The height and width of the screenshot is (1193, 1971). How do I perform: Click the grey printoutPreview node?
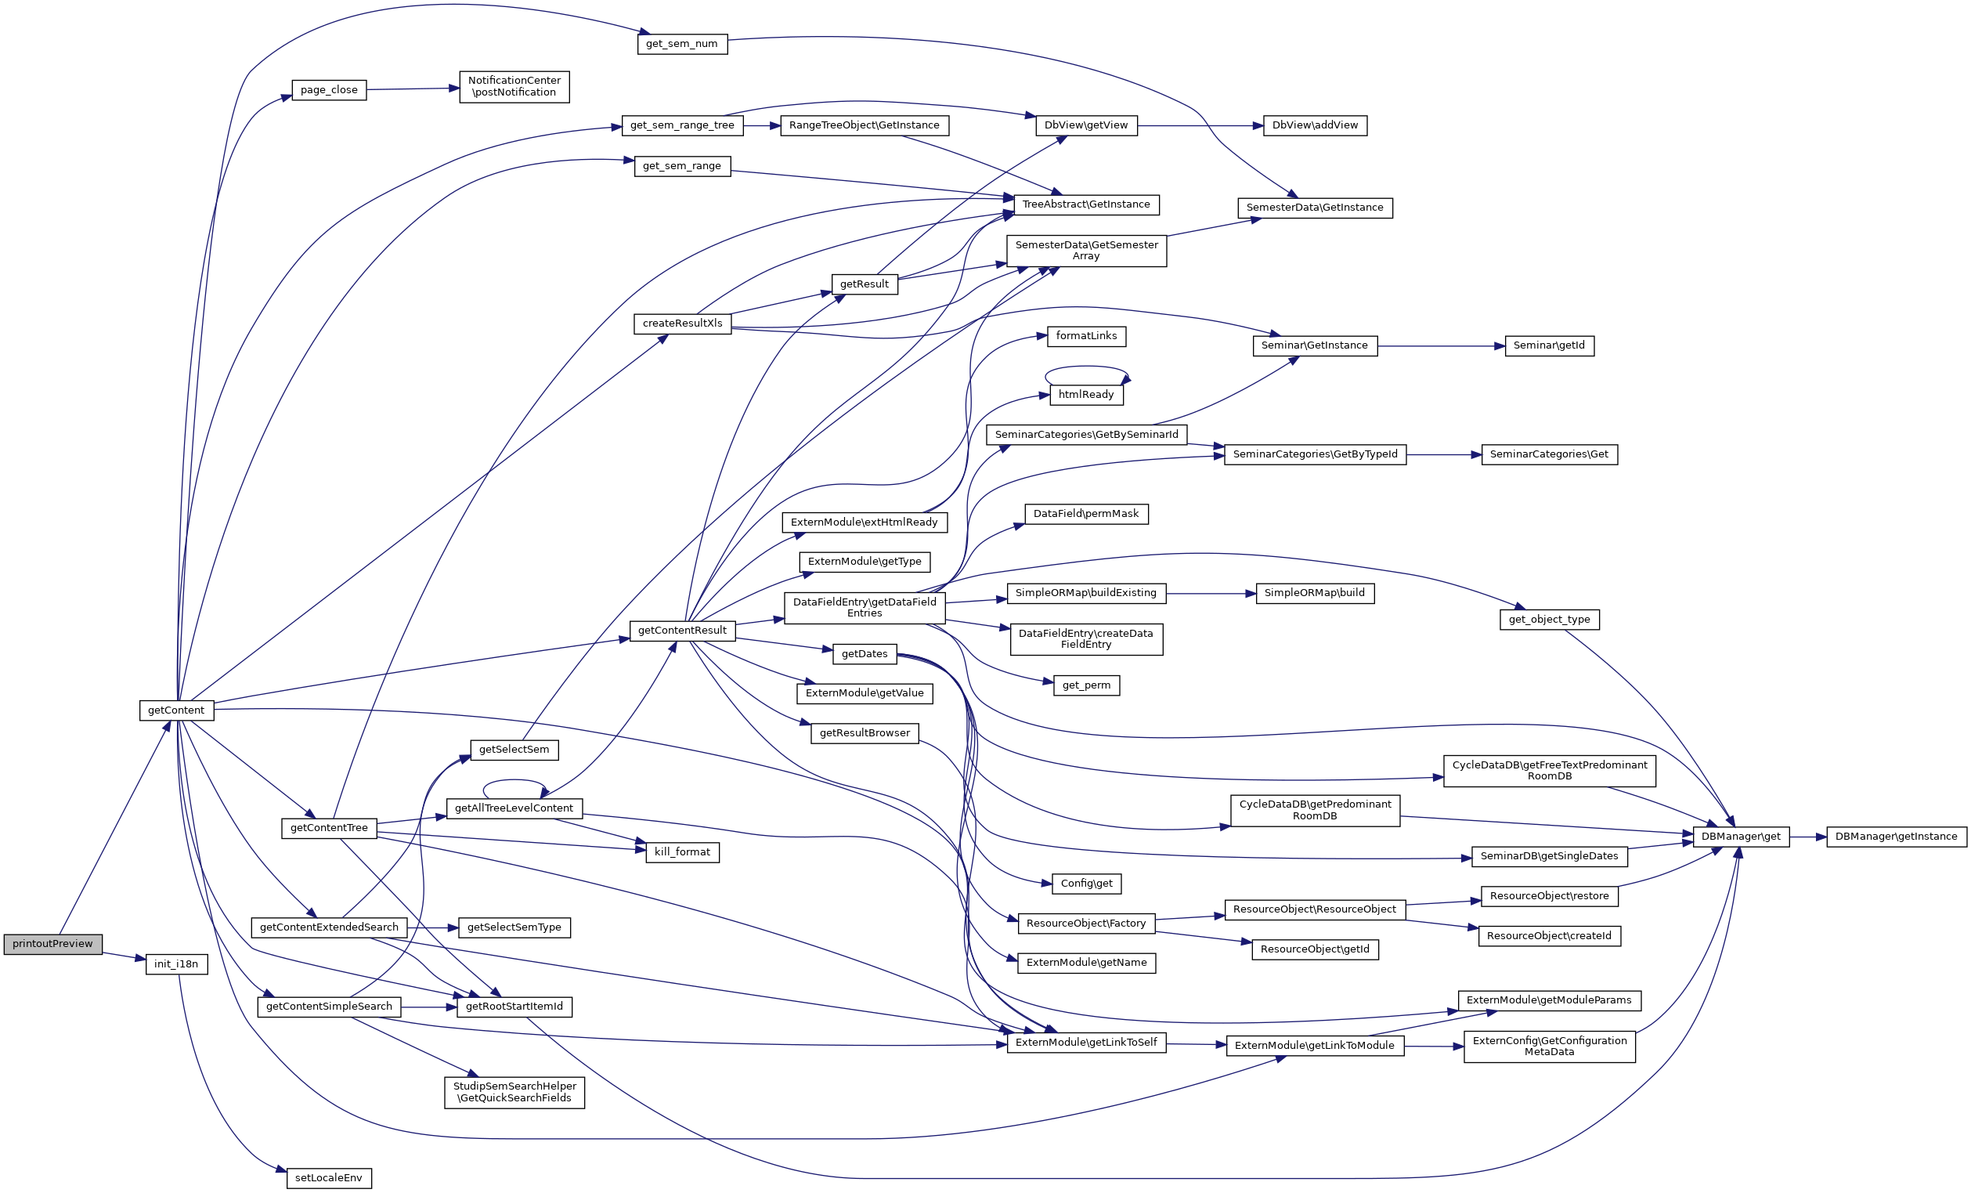(52, 944)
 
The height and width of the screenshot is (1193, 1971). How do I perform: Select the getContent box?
(176, 710)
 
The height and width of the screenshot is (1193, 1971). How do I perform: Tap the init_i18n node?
(176, 964)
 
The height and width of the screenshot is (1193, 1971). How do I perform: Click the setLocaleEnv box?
(329, 1178)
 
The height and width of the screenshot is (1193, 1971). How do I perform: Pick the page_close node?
(329, 89)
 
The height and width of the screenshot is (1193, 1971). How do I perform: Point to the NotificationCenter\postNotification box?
(514, 86)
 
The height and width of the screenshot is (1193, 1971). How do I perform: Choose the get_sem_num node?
(682, 43)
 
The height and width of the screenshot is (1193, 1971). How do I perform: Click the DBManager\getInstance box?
(1897, 837)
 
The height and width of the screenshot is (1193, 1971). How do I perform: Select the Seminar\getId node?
(1550, 345)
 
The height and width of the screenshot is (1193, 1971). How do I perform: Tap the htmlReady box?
(1086, 395)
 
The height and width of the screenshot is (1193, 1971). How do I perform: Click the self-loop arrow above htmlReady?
(1086, 367)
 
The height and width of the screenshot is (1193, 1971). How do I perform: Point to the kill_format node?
(682, 852)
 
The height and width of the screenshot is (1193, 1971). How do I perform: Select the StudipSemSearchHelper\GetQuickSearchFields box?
(514, 1092)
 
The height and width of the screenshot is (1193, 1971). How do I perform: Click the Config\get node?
(1086, 884)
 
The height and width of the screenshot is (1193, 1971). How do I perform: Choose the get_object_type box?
(1550, 620)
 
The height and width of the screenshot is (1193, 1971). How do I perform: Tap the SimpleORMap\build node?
(1315, 594)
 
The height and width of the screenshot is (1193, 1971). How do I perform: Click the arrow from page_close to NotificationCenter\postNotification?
(413, 89)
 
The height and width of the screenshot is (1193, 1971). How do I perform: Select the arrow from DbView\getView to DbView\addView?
(1200, 125)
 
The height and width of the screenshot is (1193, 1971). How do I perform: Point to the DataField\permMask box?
(1086, 514)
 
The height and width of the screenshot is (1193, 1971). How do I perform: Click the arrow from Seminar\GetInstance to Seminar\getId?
(1442, 346)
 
